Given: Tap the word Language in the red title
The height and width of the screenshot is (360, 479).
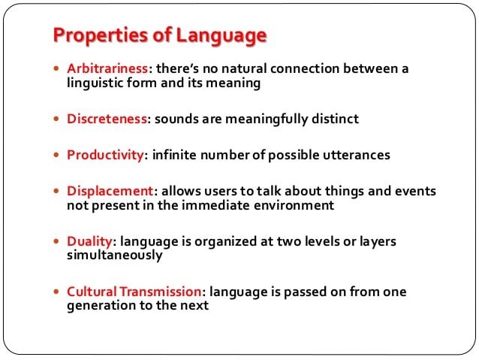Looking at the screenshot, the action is [221, 36].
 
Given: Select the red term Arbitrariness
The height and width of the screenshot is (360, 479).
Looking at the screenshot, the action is [107, 68].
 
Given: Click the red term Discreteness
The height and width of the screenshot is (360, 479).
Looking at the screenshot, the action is [107, 119].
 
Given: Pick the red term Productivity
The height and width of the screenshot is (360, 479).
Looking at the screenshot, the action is [105, 155].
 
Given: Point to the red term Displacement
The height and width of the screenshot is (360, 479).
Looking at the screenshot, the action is [110, 191].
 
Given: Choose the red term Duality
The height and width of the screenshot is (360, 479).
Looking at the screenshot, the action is [90, 242].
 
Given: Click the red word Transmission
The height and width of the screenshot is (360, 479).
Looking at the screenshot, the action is [161, 292].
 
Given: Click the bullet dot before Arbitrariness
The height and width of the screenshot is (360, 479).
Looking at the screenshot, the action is [56, 68].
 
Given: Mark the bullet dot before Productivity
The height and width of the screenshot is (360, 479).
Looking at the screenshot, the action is [56, 155].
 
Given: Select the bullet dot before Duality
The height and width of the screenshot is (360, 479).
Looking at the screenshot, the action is [56, 241].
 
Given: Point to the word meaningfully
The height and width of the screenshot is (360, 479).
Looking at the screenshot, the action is [267, 119].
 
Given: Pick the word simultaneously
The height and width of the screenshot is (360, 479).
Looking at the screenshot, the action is [115, 256].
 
